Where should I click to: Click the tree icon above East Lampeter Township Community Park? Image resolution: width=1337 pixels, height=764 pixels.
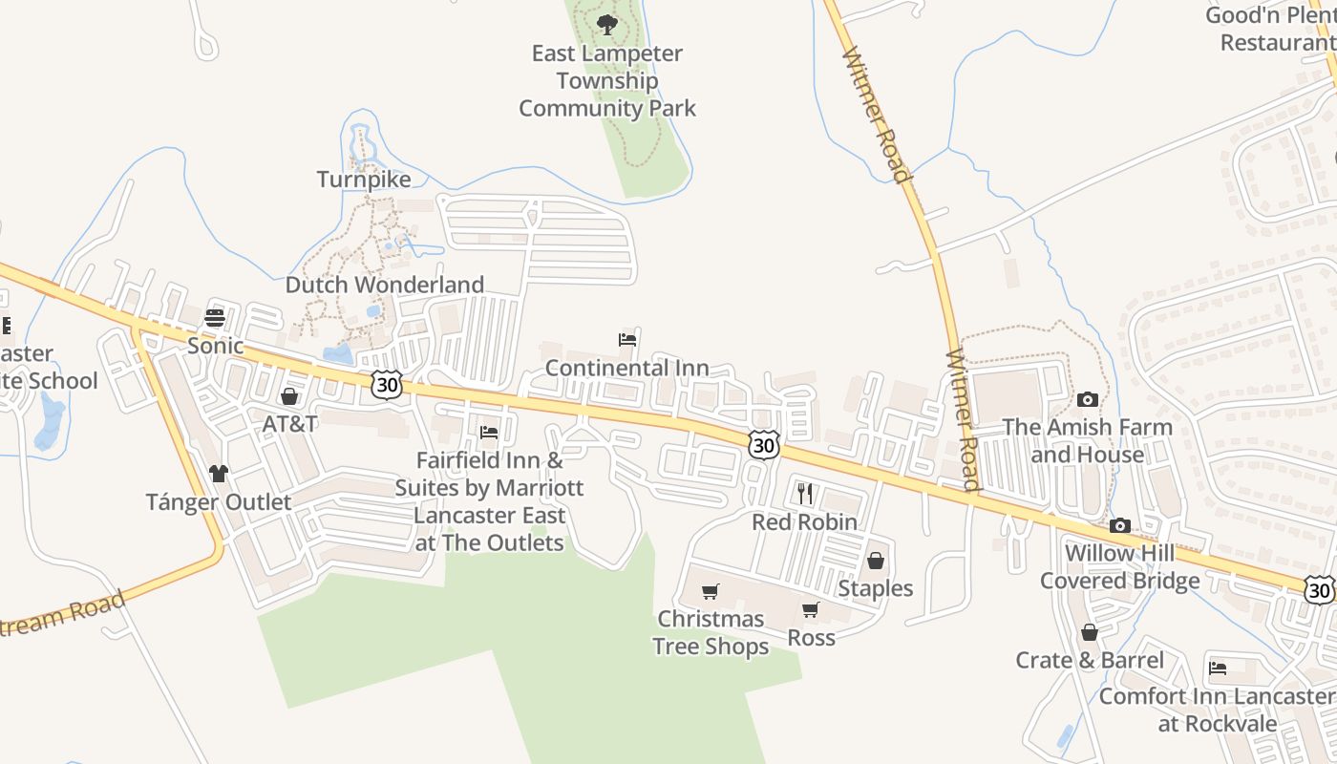tap(606, 23)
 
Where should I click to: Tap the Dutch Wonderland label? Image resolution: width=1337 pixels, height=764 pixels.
tap(385, 285)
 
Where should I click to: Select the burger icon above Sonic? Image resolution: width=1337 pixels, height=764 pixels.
tap(215, 318)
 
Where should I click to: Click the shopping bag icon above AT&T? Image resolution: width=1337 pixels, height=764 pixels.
tap(289, 396)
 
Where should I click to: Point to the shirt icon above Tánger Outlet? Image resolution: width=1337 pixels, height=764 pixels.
tap(219, 474)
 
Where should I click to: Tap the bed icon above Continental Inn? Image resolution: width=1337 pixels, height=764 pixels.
tap(627, 340)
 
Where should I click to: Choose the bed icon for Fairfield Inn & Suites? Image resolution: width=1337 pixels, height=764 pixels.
tap(489, 433)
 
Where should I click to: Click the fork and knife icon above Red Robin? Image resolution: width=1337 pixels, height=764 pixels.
tap(805, 494)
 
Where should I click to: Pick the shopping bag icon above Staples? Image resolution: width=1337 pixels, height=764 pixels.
tap(875, 561)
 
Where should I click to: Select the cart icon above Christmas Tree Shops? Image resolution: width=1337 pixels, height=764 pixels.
tap(711, 592)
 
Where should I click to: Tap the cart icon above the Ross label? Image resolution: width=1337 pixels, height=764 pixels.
tap(811, 609)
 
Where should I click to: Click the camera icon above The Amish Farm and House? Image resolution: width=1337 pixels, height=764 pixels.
tap(1087, 400)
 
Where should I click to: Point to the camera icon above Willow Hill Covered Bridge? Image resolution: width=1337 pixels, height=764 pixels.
tap(1120, 525)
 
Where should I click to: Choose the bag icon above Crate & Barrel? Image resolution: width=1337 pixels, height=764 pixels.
tap(1089, 632)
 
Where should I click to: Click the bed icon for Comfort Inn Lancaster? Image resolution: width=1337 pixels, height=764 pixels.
tap(1218, 668)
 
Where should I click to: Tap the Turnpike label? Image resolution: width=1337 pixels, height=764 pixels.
tap(364, 180)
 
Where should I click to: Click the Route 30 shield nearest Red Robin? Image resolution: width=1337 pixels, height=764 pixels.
tap(764, 444)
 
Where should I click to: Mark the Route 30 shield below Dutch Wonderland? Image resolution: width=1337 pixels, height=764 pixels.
tap(387, 384)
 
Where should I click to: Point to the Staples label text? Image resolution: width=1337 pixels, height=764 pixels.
tap(876, 588)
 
